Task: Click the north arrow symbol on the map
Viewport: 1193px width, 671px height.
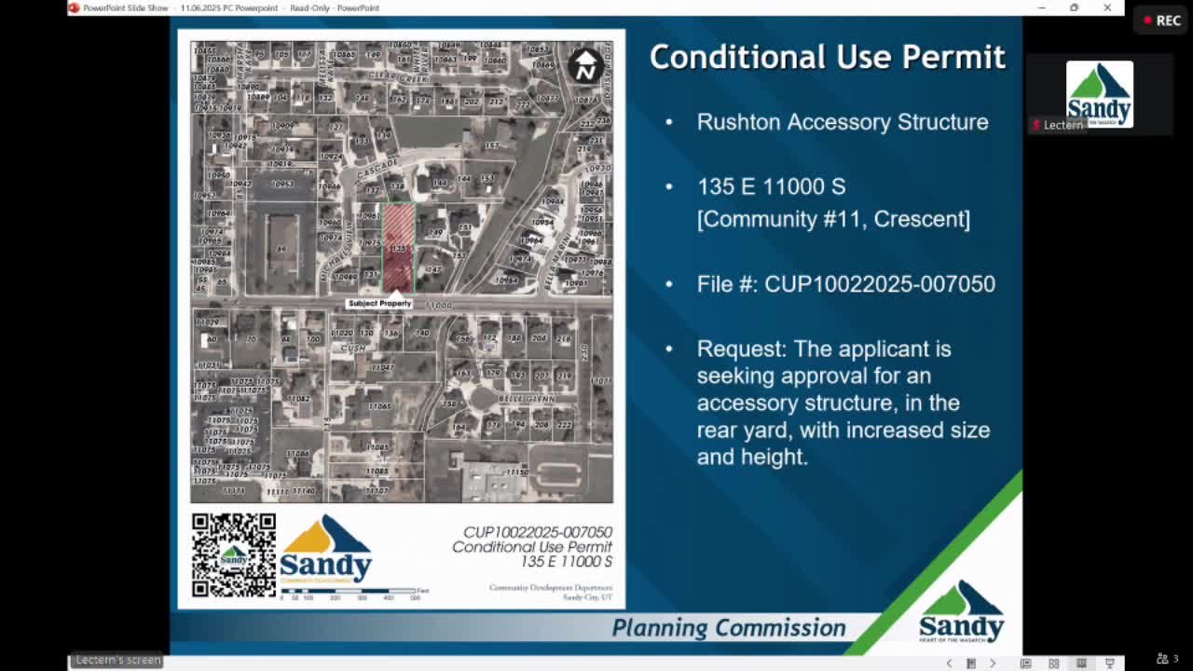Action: click(585, 65)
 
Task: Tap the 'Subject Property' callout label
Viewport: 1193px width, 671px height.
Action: click(379, 304)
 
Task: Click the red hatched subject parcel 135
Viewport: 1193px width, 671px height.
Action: click(398, 248)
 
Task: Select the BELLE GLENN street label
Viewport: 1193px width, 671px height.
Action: click(528, 399)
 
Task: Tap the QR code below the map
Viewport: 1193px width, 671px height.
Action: click(234, 555)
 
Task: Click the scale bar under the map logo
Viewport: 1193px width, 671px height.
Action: click(349, 591)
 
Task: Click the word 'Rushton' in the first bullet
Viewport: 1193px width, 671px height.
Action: click(736, 122)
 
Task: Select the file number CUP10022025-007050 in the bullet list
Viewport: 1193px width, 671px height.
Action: click(880, 284)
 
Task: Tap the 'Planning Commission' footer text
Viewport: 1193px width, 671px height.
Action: click(729, 628)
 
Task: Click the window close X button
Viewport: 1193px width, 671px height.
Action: click(1107, 7)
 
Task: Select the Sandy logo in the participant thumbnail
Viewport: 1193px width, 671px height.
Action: click(1100, 93)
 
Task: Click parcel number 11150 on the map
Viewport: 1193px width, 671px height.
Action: click(516, 473)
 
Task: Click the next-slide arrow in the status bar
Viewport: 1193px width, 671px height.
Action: click(993, 664)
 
